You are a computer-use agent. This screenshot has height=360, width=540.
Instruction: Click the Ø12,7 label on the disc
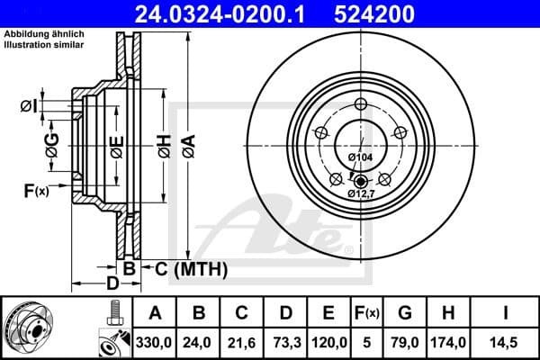pyautogui.click(x=362, y=193)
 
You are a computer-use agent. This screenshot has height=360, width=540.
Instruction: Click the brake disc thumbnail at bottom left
pyautogui.click(x=36, y=327)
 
